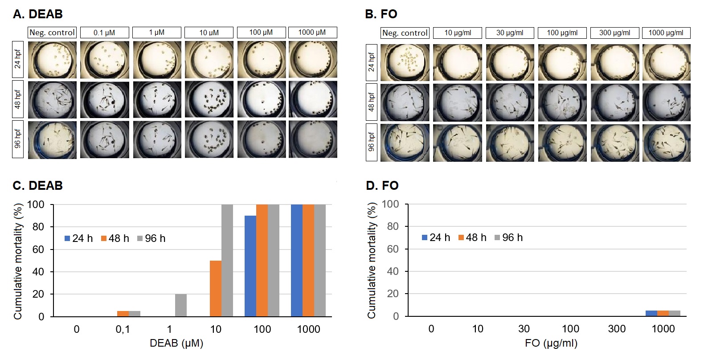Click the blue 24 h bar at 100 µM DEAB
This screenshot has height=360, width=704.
tap(250, 266)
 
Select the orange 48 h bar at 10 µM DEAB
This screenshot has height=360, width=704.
tap(216, 288)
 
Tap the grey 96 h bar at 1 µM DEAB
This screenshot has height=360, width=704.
tap(181, 305)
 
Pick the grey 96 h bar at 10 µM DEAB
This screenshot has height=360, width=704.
tap(227, 260)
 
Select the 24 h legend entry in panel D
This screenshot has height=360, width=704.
tap(436, 237)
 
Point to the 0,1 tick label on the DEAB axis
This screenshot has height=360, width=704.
tap(123, 329)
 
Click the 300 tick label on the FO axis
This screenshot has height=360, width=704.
tap(617, 329)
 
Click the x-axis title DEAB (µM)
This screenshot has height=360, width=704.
tap(176, 343)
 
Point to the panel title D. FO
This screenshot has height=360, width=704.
tap(382, 185)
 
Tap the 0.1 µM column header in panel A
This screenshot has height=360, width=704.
tap(104, 33)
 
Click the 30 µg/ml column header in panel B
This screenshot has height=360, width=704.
tap(510, 33)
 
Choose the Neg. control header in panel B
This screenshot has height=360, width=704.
tap(405, 33)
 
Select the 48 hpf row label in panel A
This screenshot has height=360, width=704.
tap(18, 99)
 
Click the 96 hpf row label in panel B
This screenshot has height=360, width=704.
tap(372, 142)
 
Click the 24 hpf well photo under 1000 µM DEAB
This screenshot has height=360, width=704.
tap(313, 60)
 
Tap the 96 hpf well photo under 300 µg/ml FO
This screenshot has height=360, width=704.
tap(614, 143)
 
